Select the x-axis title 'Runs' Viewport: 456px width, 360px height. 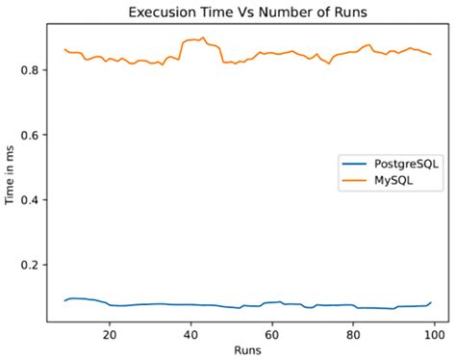pos(247,350)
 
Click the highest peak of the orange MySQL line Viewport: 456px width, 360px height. pos(203,38)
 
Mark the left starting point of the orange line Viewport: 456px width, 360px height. pos(64,49)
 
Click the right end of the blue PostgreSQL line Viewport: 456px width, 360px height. pos(431,302)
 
